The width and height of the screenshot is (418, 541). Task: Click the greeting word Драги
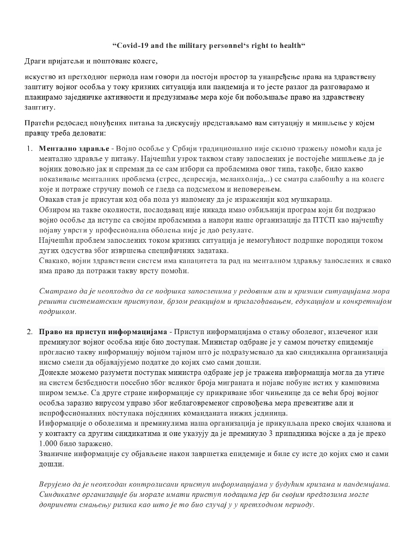pos(36,59)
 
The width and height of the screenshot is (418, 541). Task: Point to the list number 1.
pos(28,149)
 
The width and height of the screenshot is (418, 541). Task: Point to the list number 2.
pos(28,331)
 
